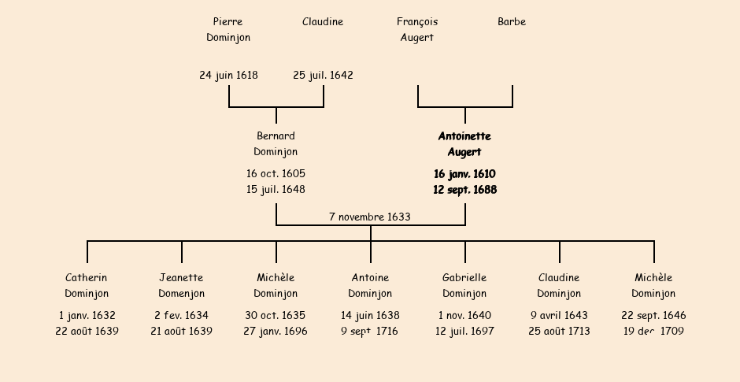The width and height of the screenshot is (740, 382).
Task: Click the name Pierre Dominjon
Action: pos(228,29)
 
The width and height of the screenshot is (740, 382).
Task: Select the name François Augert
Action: pos(417,29)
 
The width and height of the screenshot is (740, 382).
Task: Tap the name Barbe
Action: pos(512,22)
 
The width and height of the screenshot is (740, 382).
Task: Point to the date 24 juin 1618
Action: pos(228,76)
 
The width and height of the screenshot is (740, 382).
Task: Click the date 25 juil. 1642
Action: pos(323,76)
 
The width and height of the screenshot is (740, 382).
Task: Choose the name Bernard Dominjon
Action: pos(276,143)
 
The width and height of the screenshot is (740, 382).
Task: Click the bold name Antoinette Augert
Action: pos(464,143)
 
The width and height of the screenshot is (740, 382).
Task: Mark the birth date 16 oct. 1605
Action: pos(276,173)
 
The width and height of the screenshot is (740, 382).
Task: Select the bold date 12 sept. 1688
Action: pos(464,190)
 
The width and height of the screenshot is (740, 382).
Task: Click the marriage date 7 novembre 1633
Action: pos(370,217)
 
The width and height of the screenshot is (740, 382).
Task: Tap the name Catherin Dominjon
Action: pos(87,285)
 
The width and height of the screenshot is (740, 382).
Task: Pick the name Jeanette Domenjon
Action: pos(181,285)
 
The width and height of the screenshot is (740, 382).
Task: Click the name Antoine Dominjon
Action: pos(370,285)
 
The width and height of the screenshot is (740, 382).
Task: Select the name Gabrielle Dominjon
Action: pos(464,285)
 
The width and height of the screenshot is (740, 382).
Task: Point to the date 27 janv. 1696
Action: pos(276,332)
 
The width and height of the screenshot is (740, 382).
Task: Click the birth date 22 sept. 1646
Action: pos(653,315)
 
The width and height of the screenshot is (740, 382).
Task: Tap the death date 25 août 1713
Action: pos(559,332)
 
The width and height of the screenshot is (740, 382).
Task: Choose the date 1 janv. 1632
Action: pos(87,315)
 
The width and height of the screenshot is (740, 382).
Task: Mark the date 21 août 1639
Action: pos(181,332)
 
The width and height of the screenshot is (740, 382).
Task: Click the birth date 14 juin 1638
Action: pos(370,315)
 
